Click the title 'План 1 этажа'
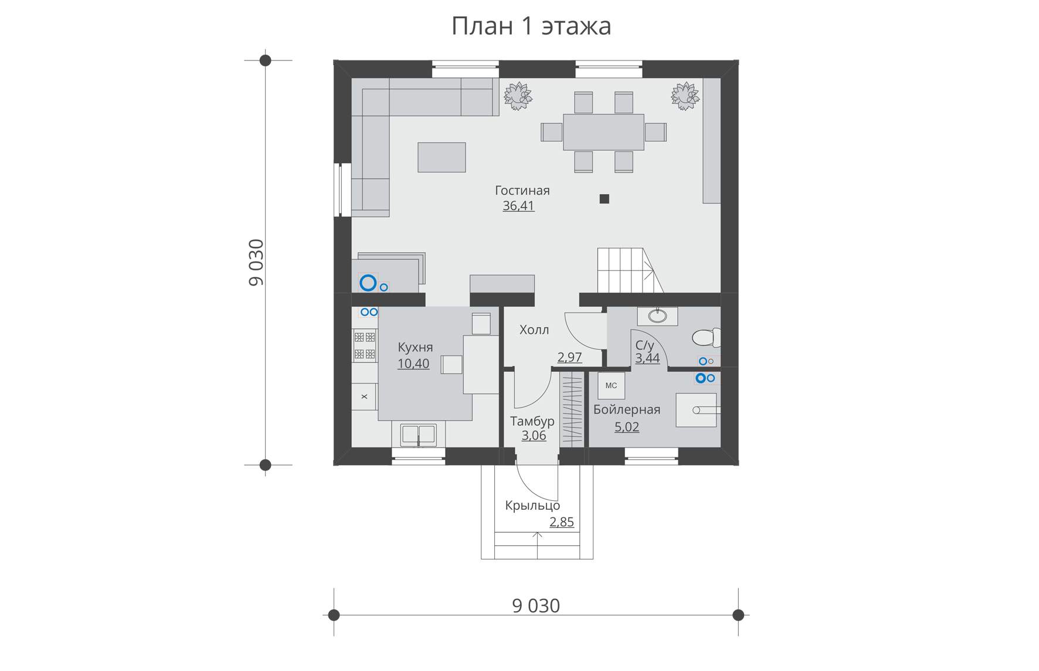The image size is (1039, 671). click(531, 26)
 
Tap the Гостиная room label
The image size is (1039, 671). click(522, 191)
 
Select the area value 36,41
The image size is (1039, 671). click(518, 206)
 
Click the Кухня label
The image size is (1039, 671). click(415, 347)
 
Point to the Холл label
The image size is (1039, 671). click(534, 330)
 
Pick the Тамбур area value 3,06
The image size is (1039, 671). click(534, 436)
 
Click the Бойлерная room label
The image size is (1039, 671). click(627, 410)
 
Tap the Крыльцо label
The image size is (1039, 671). click(532, 506)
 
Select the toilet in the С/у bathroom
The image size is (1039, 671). click(705, 338)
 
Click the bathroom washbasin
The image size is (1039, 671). click(657, 316)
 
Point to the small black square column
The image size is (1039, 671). click(604, 199)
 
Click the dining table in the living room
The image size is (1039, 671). click(603, 132)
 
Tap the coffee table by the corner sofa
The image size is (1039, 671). click(442, 157)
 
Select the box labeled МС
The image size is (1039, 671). click(611, 386)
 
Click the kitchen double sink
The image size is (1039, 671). click(418, 435)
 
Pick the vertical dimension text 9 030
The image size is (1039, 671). click(257, 262)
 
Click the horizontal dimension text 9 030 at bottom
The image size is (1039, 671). click(536, 606)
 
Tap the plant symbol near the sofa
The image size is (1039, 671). click(517, 95)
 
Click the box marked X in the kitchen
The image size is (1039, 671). click(365, 396)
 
